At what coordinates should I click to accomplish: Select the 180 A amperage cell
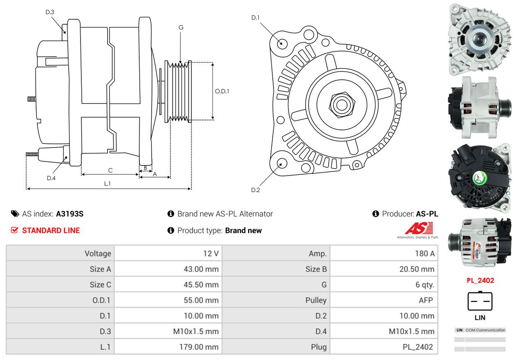(424, 254)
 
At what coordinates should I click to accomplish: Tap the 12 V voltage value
(210, 254)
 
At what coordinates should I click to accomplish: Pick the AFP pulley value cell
(426, 300)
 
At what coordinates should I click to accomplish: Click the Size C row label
(100, 285)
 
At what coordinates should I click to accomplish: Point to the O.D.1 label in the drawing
(222, 91)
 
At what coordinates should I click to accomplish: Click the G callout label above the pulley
(181, 28)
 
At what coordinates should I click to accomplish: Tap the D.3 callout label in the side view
(50, 12)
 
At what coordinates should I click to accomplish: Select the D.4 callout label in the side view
(51, 178)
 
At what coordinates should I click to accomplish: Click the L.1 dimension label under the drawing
(107, 184)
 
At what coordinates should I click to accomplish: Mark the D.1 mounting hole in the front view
(282, 43)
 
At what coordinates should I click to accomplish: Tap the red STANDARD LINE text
(51, 231)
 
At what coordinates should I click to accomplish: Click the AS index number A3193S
(70, 214)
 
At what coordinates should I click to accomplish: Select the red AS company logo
(419, 228)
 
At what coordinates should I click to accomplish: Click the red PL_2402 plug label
(480, 281)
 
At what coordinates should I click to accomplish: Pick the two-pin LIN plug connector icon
(480, 301)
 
